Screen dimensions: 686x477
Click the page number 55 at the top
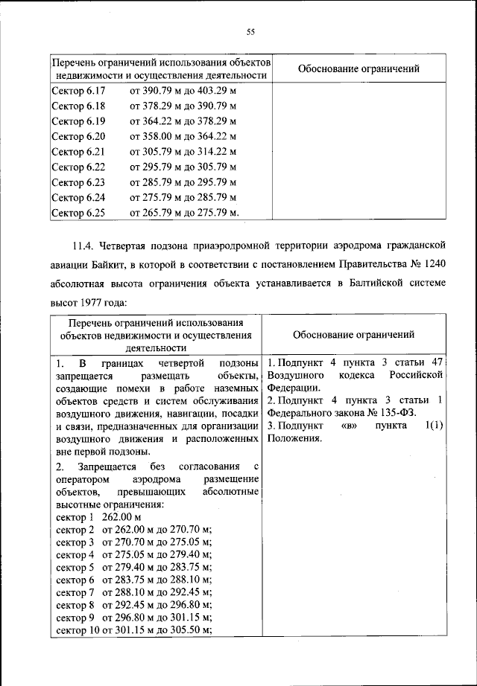point(251,31)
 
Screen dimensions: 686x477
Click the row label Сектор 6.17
point(79,91)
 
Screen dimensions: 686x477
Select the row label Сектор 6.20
point(79,136)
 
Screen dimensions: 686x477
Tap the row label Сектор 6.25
point(79,213)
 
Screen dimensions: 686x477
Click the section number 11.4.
point(83,245)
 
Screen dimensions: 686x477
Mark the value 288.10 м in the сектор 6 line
point(190,579)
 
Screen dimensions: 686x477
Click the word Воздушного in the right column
point(293,374)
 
